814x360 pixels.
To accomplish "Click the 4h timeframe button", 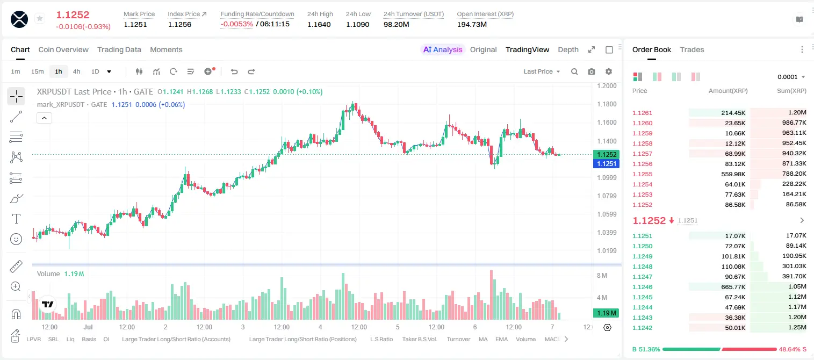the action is (76, 71).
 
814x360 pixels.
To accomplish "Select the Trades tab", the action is (692, 49).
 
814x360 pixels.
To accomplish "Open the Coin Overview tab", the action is (63, 49).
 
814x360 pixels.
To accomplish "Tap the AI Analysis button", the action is (443, 49).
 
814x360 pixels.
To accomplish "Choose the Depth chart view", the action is (568, 49).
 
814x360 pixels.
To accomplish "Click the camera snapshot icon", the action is (592, 71).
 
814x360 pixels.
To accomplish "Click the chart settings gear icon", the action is (609, 71).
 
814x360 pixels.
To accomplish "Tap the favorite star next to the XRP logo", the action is (40, 18).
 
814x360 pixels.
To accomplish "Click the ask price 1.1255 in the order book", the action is (642, 174).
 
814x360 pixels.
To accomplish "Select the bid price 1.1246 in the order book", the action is (642, 287).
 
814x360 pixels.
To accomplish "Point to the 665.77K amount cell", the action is (733, 287).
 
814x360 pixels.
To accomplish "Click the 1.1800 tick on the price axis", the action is (607, 104).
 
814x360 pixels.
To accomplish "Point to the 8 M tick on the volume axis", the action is (602, 275).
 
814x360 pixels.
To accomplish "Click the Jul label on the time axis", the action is (88, 327).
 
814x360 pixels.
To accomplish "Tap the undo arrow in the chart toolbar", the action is (234, 71).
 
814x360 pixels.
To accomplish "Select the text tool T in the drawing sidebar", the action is (16, 219).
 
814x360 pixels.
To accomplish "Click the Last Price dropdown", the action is (542, 71).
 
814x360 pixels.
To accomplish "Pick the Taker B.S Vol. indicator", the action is (419, 339).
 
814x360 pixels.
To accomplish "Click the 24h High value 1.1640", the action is (319, 24).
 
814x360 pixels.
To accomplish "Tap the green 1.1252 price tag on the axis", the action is (606, 154).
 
